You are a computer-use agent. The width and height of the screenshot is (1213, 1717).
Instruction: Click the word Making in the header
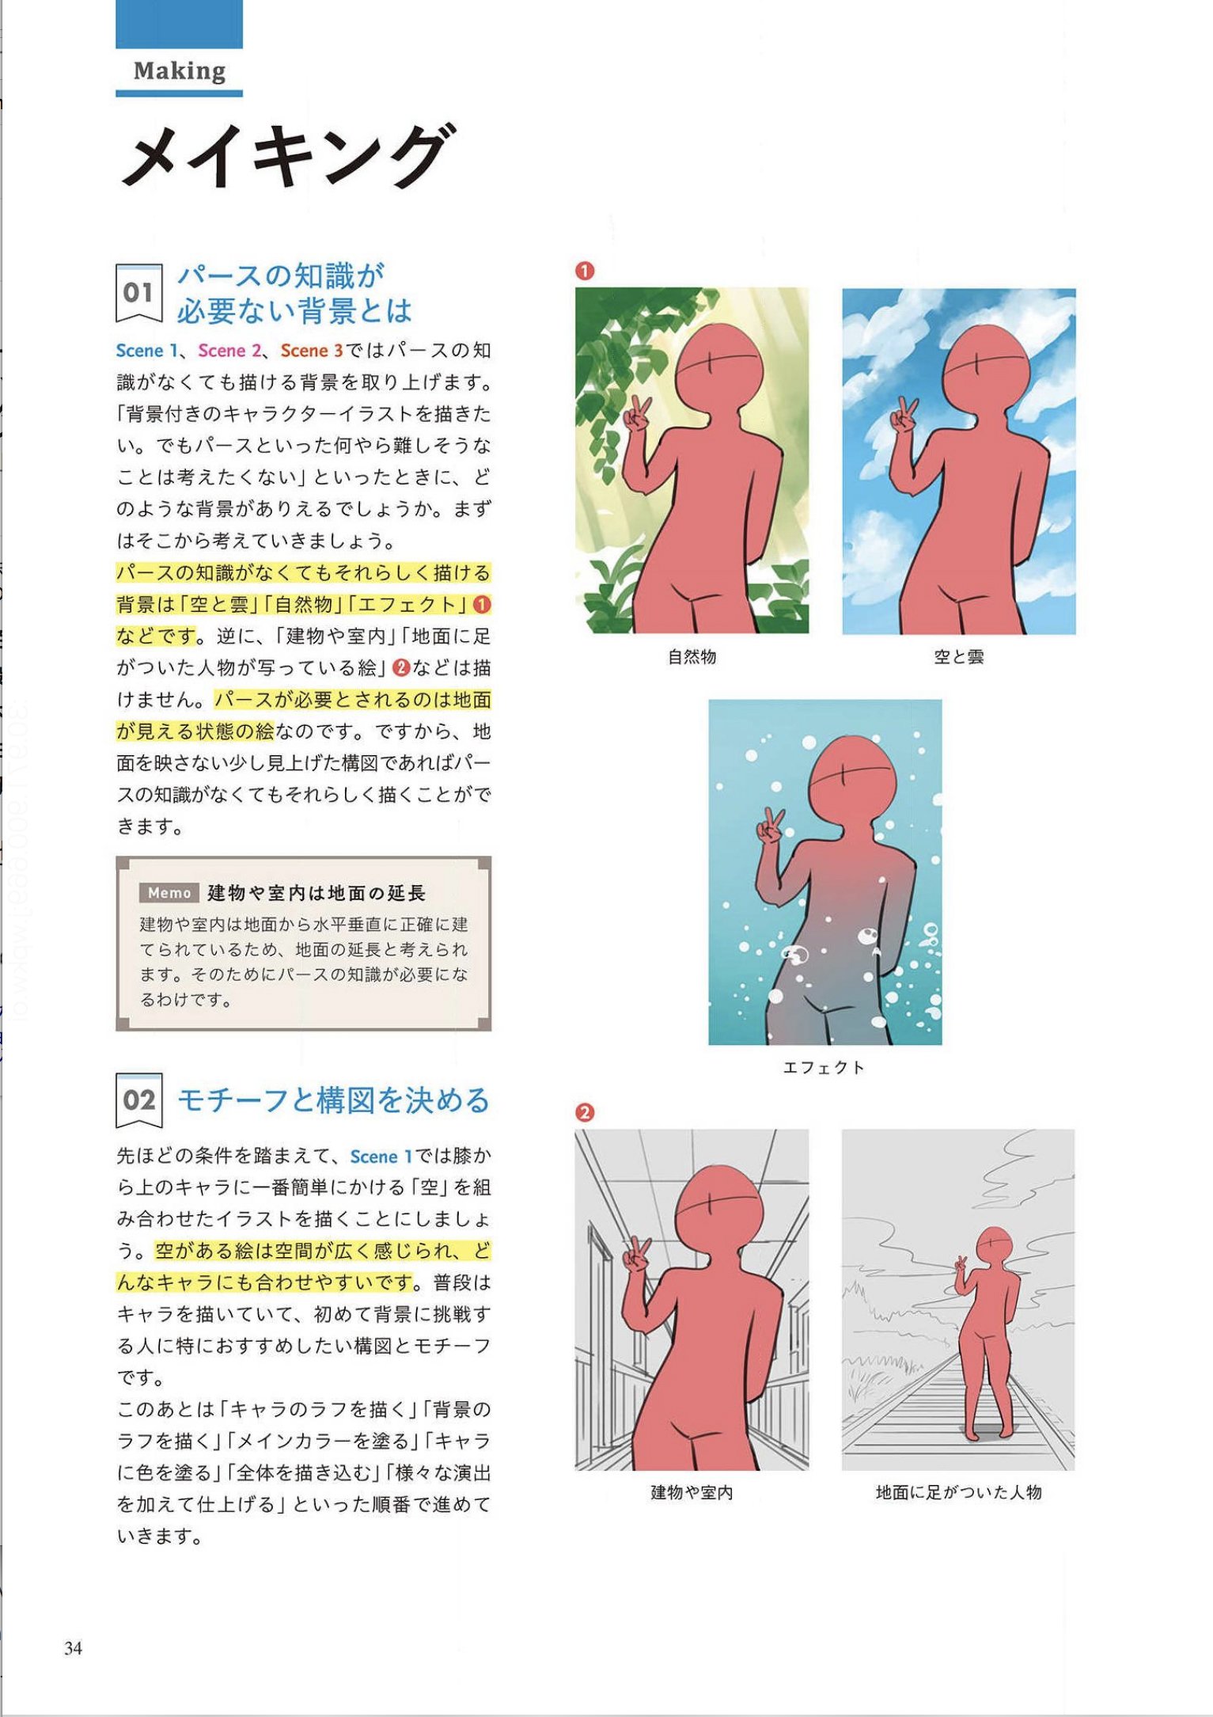click(x=180, y=71)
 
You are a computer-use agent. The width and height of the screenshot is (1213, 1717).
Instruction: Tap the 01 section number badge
click(x=138, y=293)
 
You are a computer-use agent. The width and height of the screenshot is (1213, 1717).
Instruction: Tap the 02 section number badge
click(x=138, y=1100)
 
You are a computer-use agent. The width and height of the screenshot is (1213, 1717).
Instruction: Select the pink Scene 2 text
click(x=229, y=351)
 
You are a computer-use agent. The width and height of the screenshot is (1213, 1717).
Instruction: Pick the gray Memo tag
click(x=169, y=893)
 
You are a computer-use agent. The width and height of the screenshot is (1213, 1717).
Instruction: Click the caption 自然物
click(x=692, y=656)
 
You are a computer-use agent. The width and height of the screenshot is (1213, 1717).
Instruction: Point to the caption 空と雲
click(x=958, y=656)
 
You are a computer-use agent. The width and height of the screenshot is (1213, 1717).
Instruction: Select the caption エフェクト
click(x=824, y=1067)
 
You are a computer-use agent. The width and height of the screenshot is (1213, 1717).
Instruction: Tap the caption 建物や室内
click(x=692, y=1492)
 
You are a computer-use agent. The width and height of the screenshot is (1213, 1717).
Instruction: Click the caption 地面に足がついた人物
click(x=958, y=1492)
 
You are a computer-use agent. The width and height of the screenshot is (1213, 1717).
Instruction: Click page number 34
click(x=74, y=1647)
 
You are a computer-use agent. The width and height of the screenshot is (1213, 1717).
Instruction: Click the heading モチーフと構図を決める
click(x=333, y=1100)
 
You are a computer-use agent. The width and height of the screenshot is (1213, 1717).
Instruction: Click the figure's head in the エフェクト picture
click(x=852, y=780)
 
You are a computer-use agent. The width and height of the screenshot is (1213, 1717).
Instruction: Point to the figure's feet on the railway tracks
click(x=986, y=1431)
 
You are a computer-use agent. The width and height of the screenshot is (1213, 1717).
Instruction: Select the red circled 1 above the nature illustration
click(x=584, y=271)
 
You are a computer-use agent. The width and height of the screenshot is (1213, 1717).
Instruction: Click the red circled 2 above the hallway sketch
click(x=584, y=1112)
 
